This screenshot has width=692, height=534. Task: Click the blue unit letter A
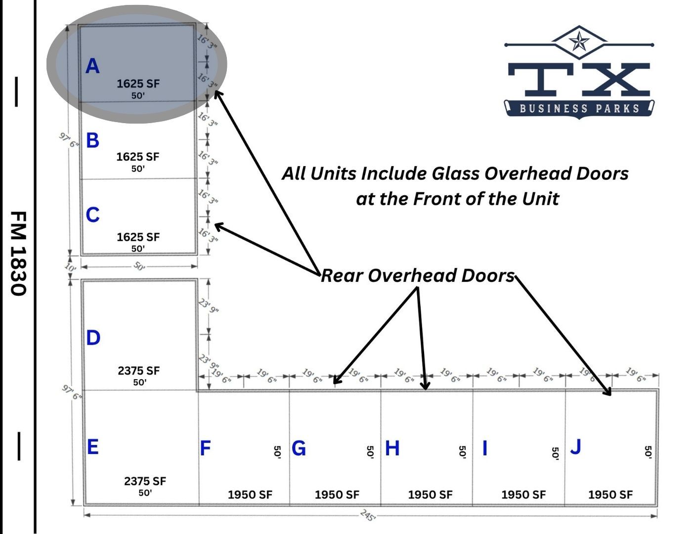tap(92, 66)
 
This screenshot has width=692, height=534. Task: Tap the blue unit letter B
tap(92, 140)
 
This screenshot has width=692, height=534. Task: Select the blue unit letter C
tap(92, 215)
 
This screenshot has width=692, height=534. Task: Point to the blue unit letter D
tap(93, 338)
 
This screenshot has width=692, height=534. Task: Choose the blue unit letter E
tap(92, 446)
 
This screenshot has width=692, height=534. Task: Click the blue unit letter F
tap(205, 448)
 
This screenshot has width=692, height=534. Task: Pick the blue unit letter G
tap(299, 448)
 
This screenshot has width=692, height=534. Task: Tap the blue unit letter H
tap(392, 448)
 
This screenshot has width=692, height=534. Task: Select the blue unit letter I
tap(484, 448)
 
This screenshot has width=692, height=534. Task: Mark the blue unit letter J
tap(575, 446)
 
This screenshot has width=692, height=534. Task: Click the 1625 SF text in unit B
tap(138, 157)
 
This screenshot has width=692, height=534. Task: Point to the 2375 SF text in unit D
tap(139, 370)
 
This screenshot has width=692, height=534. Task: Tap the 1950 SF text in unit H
tap(430, 494)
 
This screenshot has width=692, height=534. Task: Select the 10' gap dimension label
tap(71, 267)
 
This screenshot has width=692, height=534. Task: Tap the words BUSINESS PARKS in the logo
tap(579, 108)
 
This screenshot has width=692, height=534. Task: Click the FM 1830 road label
tap(18, 253)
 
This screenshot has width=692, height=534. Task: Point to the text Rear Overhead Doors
tap(418, 275)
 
